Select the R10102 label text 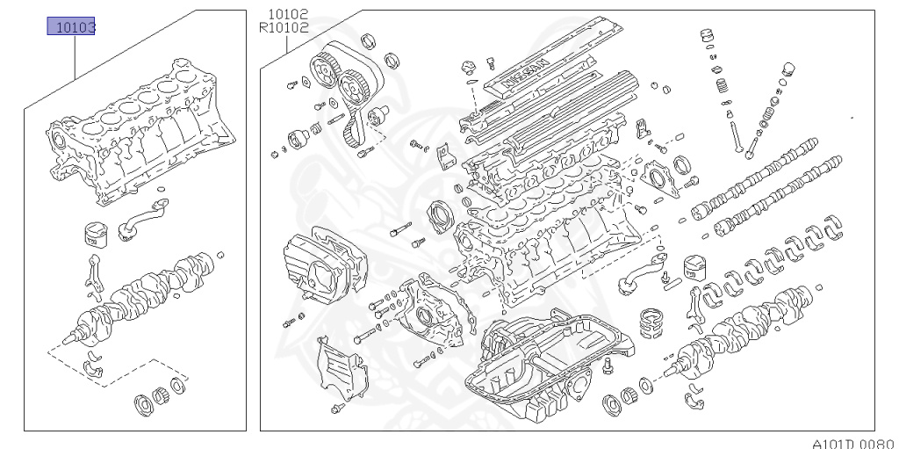pyautogui.click(x=284, y=27)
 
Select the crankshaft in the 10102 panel pyautogui.click(x=746, y=330)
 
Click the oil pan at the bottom pyautogui.click(x=544, y=360)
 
